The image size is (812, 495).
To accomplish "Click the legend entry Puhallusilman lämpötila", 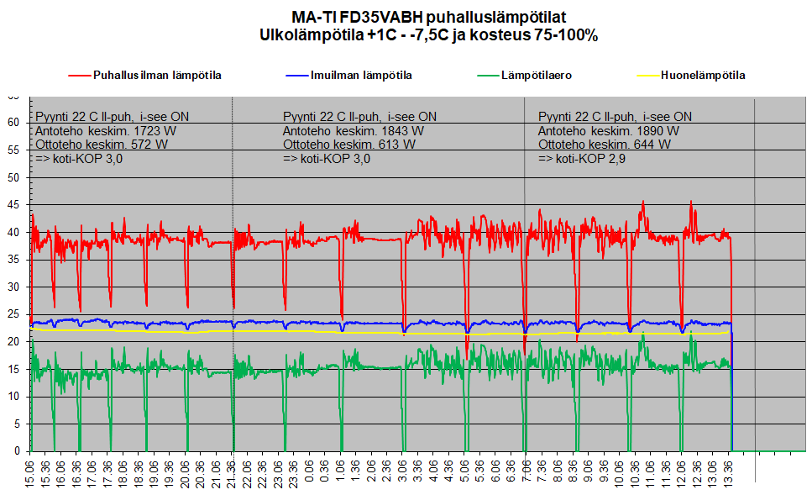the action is click(x=145, y=76).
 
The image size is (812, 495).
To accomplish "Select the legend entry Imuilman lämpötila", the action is click(x=349, y=76).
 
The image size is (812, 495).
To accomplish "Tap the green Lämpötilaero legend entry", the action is click(x=525, y=76).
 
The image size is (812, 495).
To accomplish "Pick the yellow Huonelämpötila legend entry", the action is click(x=691, y=76).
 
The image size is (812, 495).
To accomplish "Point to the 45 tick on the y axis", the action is click(x=13, y=205).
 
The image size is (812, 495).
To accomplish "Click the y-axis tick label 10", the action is click(x=13, y=397).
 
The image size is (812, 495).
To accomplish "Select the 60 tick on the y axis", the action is click(x=13, y=123).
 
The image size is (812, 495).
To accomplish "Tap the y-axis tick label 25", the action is click(x=13, y=314).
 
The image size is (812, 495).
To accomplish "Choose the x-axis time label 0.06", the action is click(x=309, y=471).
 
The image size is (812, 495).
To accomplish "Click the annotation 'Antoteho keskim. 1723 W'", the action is click(x=106, y=131).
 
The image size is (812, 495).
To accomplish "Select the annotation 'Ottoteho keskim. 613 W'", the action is click(x=349, y=145).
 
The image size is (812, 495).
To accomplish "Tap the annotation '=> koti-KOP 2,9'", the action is click(x=582, y=159).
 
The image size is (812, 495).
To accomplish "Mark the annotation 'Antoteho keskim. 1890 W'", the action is click(x=609, y=131).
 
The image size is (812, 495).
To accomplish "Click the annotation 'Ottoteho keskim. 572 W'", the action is click(x=102, y=145).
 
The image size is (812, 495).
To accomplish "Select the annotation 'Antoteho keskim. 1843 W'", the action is click(x=354, y=131).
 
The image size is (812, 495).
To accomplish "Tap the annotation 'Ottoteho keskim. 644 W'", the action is click(x=605, y=145).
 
